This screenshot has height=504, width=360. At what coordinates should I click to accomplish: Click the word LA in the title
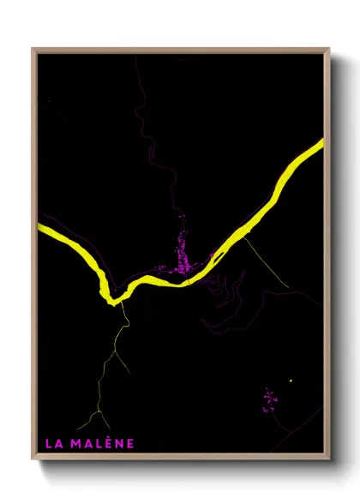pos(52,443)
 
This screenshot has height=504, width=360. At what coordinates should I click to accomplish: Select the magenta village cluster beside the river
pos(183,257)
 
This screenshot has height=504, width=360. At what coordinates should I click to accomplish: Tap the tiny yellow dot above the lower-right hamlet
pos(291,381)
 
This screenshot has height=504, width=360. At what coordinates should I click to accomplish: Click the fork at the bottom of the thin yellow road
pos(98,413)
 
